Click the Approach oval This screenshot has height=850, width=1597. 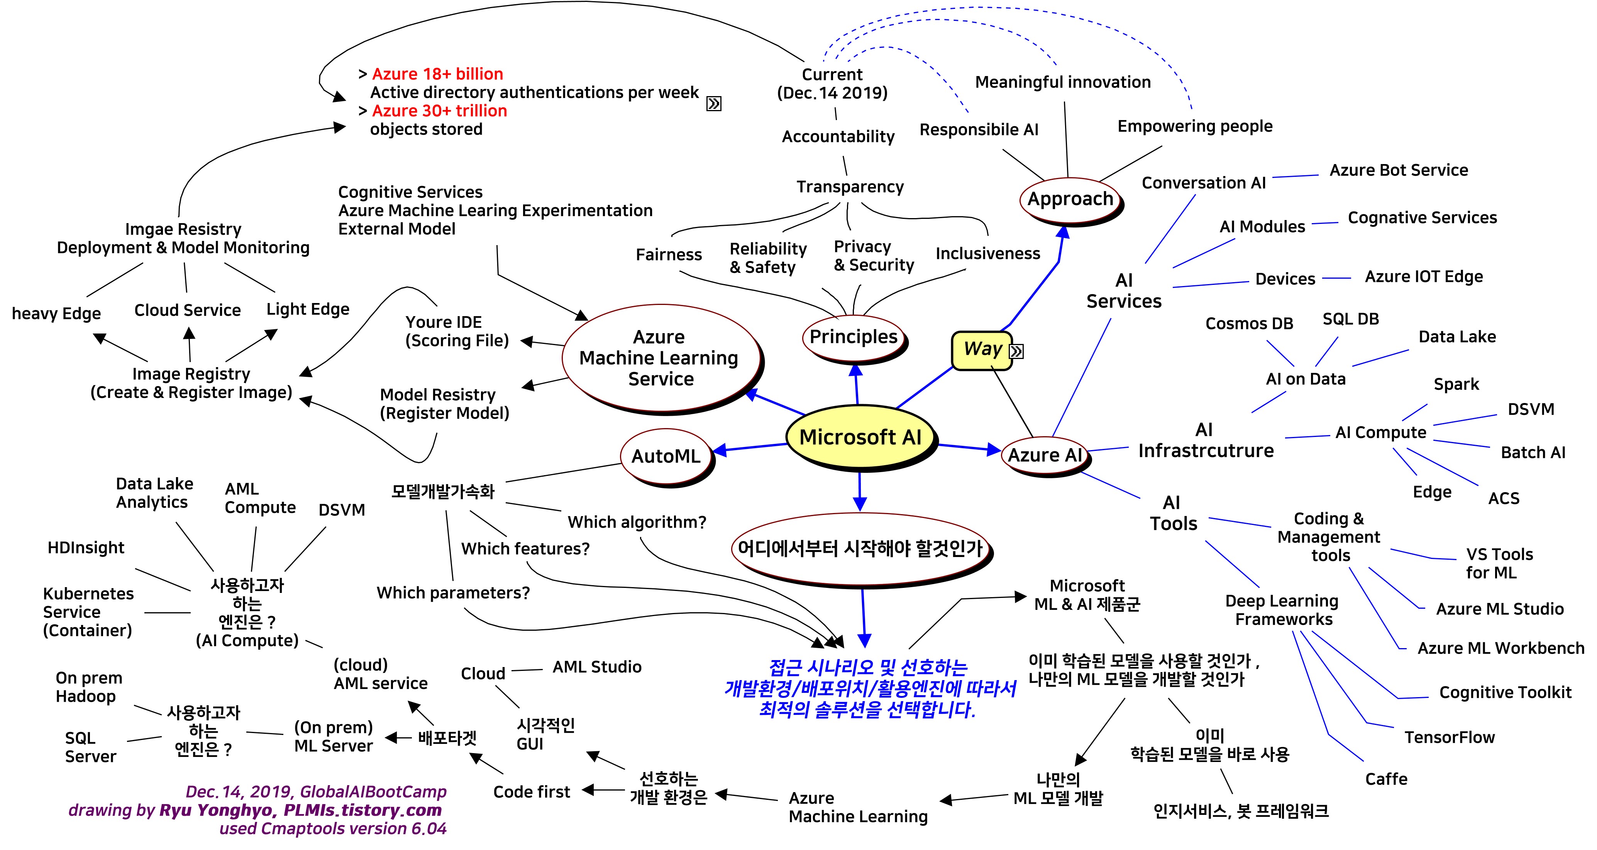tap(1070, 199)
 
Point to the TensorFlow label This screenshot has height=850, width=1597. tap(1449, 737)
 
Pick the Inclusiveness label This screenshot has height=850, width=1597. tap(987, 254)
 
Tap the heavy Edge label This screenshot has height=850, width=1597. tap(56, 314)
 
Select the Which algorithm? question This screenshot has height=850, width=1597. tap(637, 523)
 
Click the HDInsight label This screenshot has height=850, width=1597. tap(86, 548)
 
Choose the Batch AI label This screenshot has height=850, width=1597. tap(1533, 452)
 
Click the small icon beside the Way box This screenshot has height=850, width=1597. tap(1017, 352)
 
